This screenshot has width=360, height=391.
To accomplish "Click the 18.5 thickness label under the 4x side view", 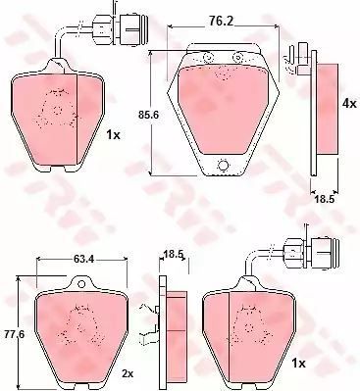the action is point(325,199).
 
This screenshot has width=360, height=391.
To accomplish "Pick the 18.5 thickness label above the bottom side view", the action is point(173,254).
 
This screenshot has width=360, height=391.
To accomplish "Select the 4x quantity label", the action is point(348,104).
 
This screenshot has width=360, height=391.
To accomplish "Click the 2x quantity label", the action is point(127,374).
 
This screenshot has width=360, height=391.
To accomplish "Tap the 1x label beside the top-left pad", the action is point(114,134).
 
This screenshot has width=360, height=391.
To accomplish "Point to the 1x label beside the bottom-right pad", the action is point(298,363).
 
